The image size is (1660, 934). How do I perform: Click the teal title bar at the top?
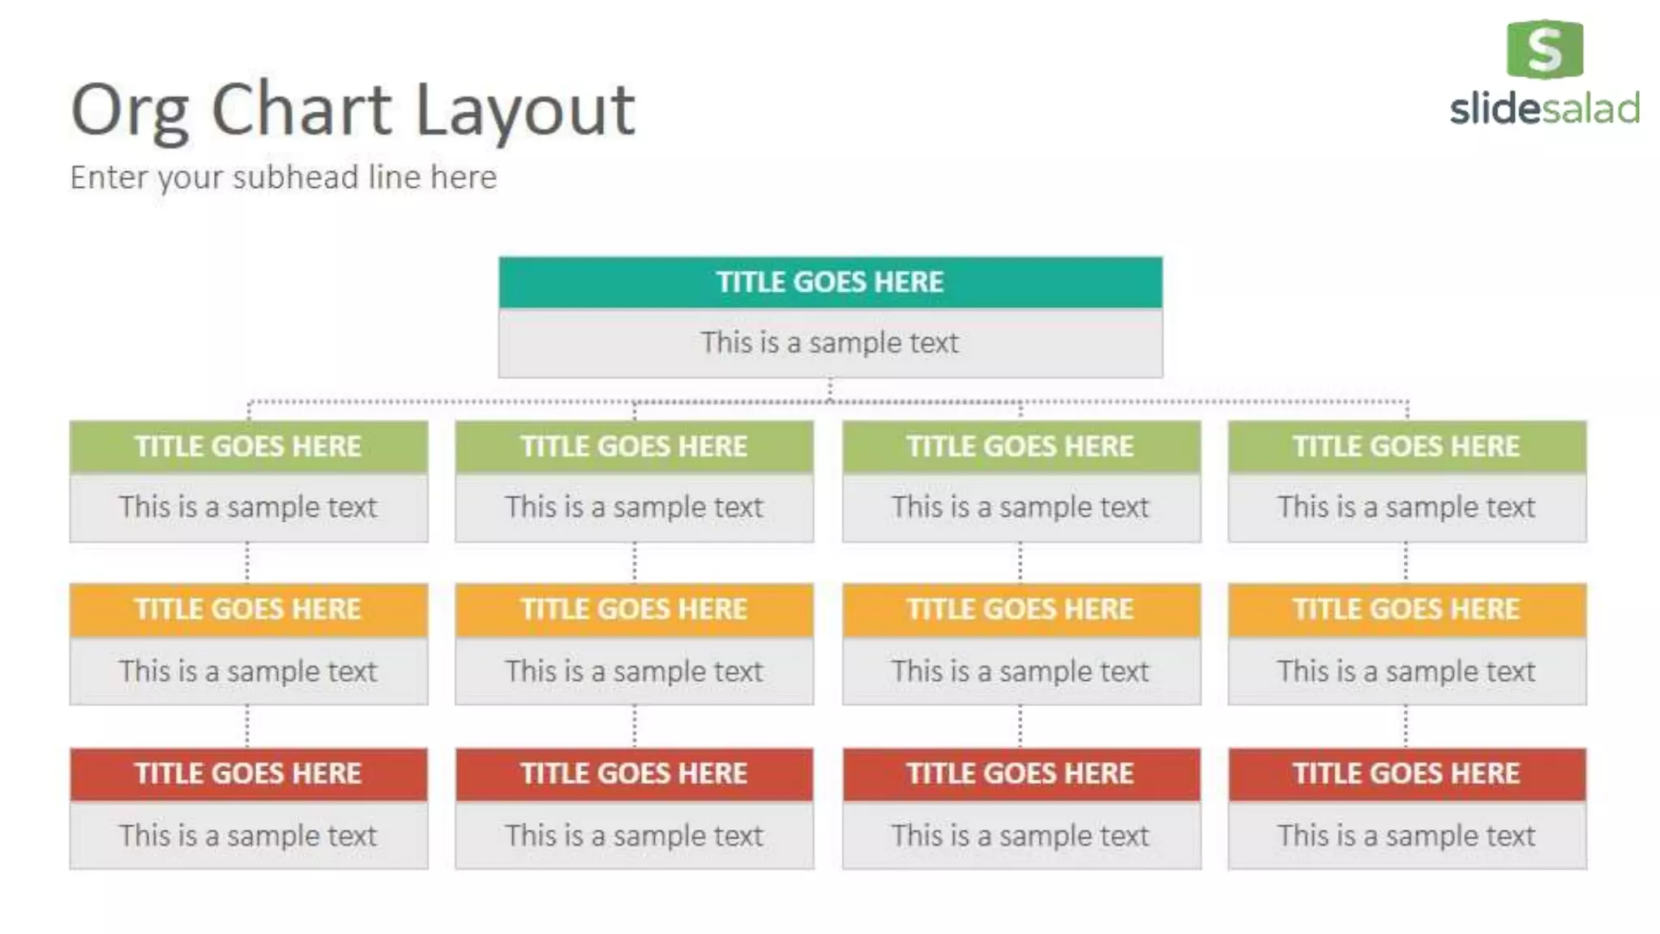point(830,282)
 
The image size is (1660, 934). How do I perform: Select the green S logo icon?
point(1544,49)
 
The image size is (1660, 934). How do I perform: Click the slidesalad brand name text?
point(1544,109)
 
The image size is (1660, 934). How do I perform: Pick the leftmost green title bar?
point(248,447)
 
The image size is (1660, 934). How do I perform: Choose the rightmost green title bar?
point(1406,447)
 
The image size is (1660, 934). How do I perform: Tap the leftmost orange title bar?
point(248,610)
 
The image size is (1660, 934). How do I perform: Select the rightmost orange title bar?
point(1406,610)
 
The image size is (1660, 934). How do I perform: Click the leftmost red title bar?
point(248,773)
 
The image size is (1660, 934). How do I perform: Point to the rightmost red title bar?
point(1406,773)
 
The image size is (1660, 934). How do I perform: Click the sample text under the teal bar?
point(830,343)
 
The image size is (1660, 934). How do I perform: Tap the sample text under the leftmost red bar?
point(248,835)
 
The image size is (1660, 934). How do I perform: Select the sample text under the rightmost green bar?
point(1406,508)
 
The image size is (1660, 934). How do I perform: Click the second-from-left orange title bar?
point(634,610)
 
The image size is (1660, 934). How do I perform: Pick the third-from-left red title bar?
point(1020,773)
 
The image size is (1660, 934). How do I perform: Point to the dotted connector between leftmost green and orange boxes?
point(247,563)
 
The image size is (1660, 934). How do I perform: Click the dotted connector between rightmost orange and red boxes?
point(1405,726)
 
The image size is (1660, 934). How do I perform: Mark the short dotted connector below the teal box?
point(829,389)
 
